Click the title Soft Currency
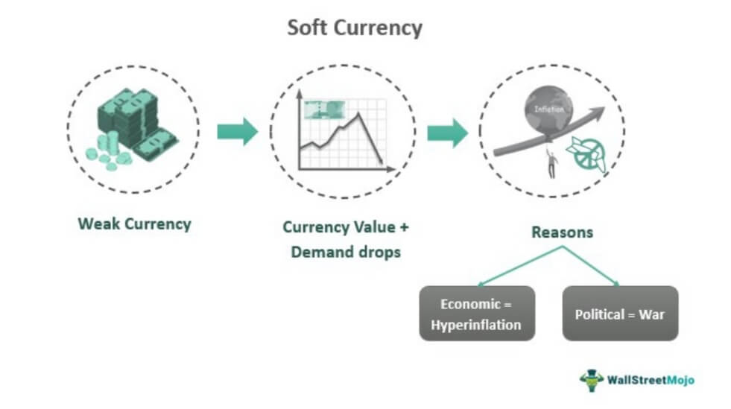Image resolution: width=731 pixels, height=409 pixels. (355, 28)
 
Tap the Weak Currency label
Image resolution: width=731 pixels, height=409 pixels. (134, 223)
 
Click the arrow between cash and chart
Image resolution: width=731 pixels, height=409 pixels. (237, 132)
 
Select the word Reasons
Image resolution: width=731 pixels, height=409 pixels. (562, 232)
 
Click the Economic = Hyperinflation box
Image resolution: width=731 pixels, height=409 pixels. (477, 314)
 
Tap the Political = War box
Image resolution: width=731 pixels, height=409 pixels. (619, 314)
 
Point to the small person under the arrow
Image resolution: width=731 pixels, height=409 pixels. (551, 162)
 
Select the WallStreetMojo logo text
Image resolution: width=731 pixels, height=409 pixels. (650, 380)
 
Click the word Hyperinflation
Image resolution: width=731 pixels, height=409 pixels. (477, 324)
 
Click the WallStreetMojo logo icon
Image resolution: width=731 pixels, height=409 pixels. (591, 378)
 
